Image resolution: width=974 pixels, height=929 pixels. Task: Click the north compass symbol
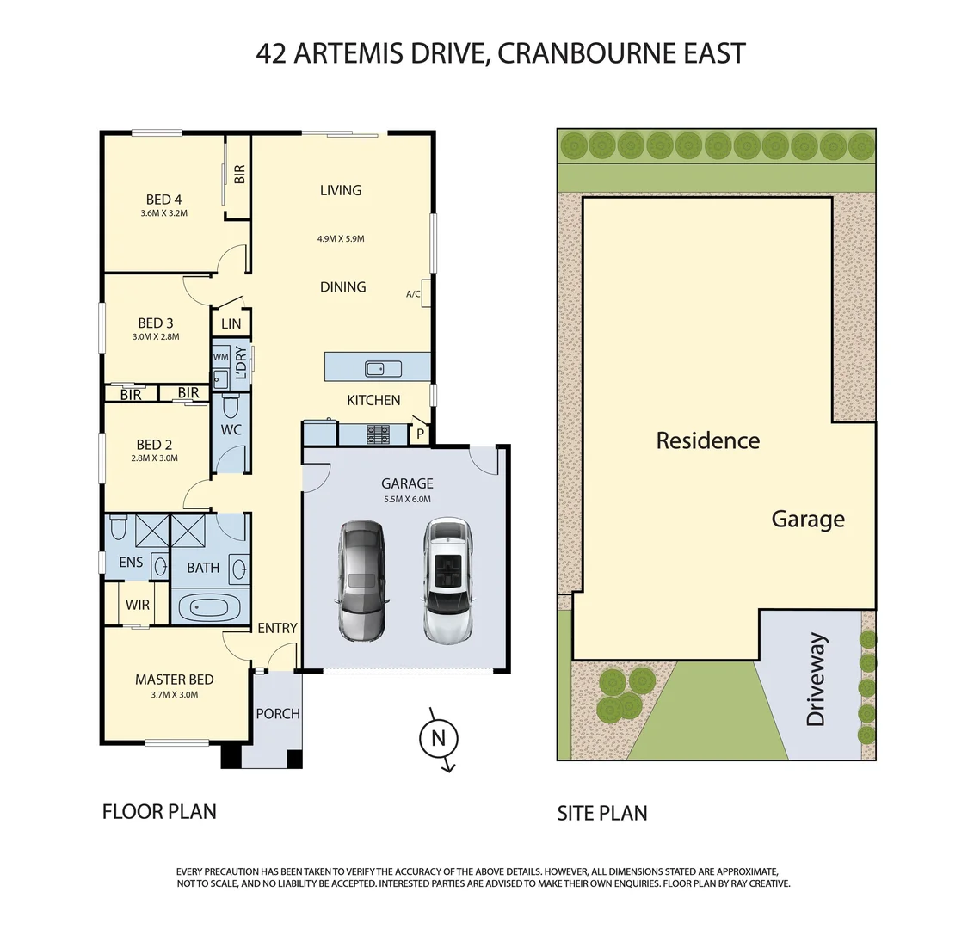(x=438, y=738)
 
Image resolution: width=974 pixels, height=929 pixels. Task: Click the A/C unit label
(x=414, y=294)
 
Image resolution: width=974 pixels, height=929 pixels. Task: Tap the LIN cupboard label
(x=231, y=324)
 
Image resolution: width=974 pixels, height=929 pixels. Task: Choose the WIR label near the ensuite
(x=138, y=605)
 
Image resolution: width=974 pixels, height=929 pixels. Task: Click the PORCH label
(x=278, y=713)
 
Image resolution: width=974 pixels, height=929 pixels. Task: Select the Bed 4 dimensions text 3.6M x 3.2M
(x=163, y=213)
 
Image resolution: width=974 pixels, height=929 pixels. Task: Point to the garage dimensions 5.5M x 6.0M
(x=408, y=499)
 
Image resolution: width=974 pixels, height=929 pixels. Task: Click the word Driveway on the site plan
(x=816, y=680)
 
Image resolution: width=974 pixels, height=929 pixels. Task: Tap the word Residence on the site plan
(x=707, y=440)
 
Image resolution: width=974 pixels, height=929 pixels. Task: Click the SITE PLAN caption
(x=601, y=812)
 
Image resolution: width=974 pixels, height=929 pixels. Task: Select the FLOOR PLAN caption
(x=159, y=810)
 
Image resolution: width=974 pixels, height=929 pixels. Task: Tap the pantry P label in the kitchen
(x=420, y=434)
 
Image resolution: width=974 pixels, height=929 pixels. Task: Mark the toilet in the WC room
(x=231, y=405)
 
